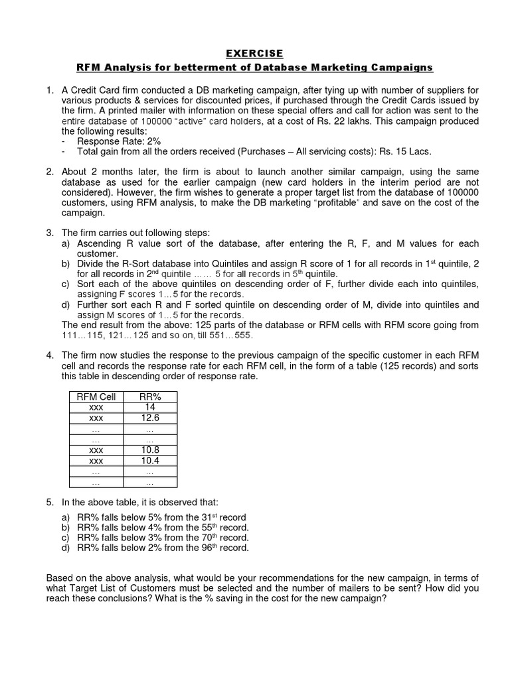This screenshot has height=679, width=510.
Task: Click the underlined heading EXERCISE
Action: tap(255, 53)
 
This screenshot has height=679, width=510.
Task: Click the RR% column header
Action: tap(149, 397)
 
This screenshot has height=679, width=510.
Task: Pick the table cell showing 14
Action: tap(149, 407)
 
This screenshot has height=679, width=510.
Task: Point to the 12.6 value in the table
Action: tap(149, 418)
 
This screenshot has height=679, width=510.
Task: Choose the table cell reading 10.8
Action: tap(149, 450)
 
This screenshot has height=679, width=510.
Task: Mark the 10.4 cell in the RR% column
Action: tap(149, 461)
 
